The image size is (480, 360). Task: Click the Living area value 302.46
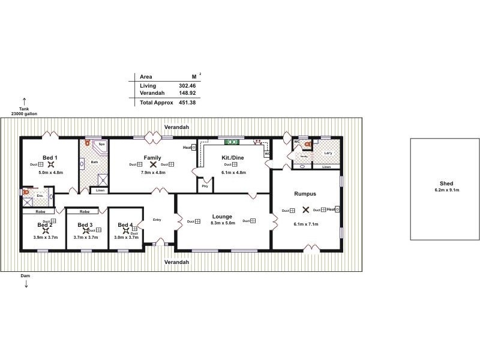click(187, 86)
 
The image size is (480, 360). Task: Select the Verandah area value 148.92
click(187, 94)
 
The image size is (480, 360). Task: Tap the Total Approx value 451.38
click(187, 103)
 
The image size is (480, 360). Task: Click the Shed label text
click(446, 184)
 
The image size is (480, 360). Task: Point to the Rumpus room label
click(305, 194)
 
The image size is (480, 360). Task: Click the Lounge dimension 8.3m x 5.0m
click(226, 224)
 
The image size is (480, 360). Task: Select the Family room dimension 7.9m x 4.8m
click(152, 172)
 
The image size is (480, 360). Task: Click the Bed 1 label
click(50, 157)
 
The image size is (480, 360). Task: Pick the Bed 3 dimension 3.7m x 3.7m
click(85, 237)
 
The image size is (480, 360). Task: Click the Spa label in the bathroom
click(101, 145)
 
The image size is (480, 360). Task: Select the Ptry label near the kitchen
click(205, 186)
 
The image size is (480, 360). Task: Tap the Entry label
click(157, 220)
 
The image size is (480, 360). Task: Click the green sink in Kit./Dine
click(232, 142)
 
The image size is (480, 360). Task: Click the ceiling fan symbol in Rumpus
click(305, 210)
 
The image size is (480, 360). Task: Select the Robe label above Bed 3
click(85, 211)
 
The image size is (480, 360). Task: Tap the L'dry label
click(328, 153)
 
